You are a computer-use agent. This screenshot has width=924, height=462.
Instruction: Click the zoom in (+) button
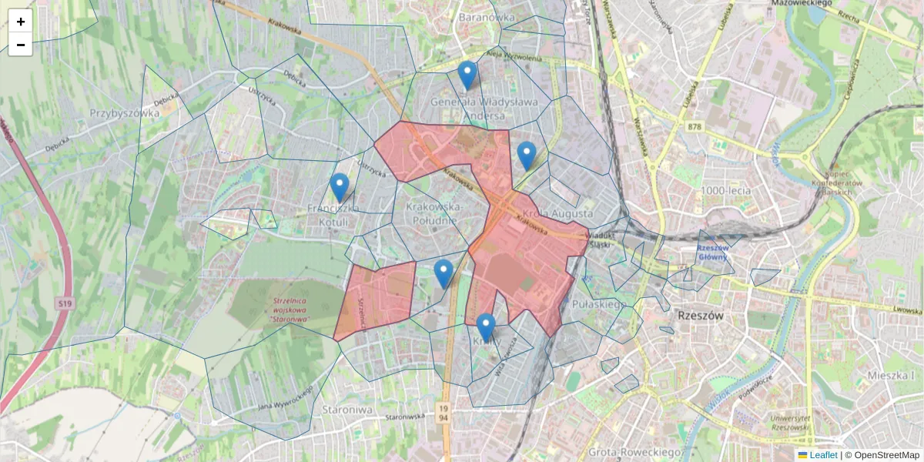(21, 22)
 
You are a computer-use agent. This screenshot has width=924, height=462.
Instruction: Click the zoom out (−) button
(21, 45)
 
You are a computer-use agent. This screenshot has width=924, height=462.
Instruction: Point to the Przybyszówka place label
(125, 112)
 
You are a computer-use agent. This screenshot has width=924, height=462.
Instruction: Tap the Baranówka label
(486, 16)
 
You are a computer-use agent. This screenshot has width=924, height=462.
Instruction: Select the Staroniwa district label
(347, 409)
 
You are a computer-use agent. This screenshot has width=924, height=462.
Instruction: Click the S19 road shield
(65, 305)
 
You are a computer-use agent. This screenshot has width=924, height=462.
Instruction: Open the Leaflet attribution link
(823, 455)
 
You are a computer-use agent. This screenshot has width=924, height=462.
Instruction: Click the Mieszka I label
(893, 375)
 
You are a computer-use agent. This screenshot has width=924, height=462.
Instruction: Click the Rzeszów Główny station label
(714, 253)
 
